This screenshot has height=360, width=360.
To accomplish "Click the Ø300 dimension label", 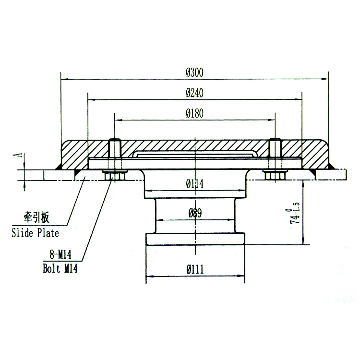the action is pos(194,73).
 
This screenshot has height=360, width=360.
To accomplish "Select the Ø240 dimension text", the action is pos(194,94).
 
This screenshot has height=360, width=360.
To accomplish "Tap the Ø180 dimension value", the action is pos(194,114).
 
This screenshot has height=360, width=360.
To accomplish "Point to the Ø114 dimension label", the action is pos(194,183).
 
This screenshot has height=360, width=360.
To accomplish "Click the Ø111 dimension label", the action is pos(194,270).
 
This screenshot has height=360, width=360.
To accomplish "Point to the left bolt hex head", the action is pos(114,176).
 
